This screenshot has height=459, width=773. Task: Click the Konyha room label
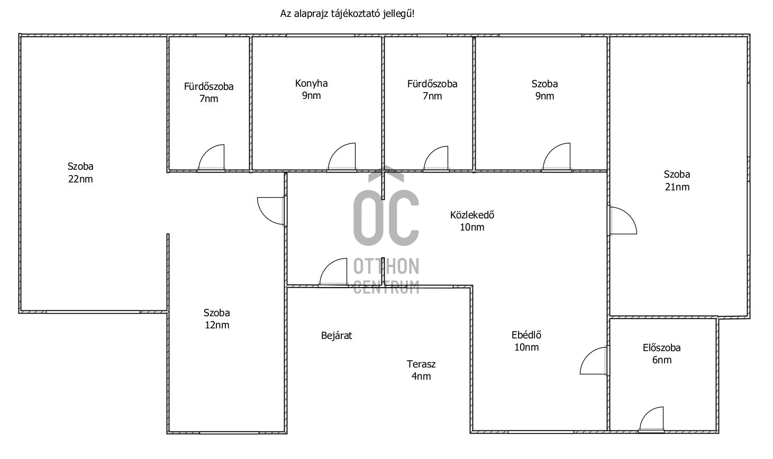(x=311, y=84)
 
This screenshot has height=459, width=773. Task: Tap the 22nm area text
(x=80, y=179)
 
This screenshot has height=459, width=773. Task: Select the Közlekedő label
(x=472, y=215)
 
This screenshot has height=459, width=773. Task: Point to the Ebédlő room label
(x=526, y=335)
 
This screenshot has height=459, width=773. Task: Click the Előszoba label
(x=661, y=348)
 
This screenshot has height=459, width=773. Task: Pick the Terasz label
(x=421, y=364)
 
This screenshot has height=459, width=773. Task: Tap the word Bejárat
(x=337, y=336)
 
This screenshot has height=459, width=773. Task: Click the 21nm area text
(x=677, y=187)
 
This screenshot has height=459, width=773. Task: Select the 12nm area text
(x=217, y=325)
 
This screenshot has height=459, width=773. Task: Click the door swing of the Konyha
(x=342, y=158)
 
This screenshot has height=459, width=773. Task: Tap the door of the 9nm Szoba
(x=557, y=158)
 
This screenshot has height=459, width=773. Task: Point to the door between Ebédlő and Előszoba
(x=594, y=361)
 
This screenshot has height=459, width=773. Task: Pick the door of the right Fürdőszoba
(x=436, y=159)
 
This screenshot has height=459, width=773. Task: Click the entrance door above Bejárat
(x=334, y=273)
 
